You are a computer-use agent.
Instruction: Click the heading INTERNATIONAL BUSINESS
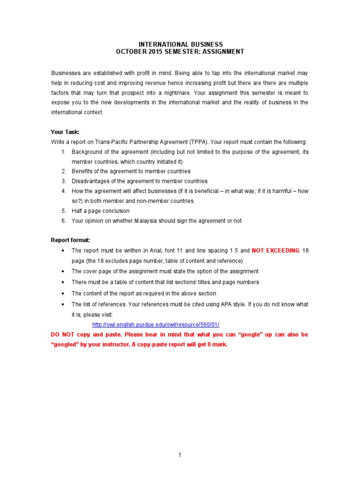pyautogui.click(x=180, y=45)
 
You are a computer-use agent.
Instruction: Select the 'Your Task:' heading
pyautogui.click(x=65, y=132)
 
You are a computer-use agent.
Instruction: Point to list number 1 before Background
pyautogui.click(x=63, y=152)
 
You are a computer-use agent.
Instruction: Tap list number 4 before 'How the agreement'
pyautogui.click(x=63, y=191)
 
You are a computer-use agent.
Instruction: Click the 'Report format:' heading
pyautogui.click(x=71, y=240)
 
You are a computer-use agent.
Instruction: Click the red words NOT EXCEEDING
pyautogui.click(x=276, y=251)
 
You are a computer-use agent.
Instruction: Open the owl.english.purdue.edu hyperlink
pyautogui.click(x=156, y=325)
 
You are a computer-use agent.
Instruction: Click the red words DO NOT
pyautogui.click(x=62, y=335)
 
